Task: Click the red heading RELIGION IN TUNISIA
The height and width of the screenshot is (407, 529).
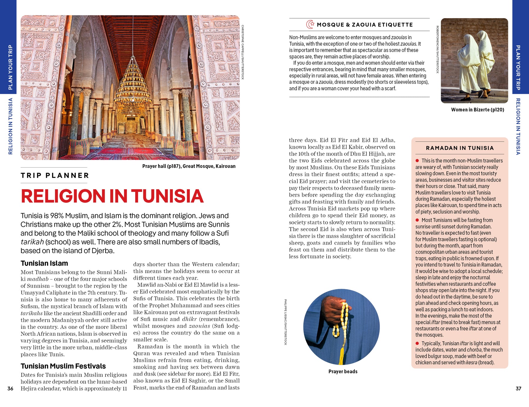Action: click(112, 196)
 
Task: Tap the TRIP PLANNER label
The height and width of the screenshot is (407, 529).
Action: click(55, 175)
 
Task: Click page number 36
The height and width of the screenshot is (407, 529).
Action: click(10, 388)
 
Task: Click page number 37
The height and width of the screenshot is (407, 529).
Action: click(518, 388)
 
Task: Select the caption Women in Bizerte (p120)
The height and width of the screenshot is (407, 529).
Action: click(477, 110)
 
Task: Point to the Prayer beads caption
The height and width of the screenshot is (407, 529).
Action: click(343, 371)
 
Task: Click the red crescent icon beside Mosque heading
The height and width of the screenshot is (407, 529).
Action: click(310, 24)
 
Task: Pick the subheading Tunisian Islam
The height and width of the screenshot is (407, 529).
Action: click(44, 263)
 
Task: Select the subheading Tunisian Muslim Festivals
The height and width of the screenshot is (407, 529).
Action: click(63, 366)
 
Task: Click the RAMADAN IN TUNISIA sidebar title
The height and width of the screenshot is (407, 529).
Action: click(460, 148)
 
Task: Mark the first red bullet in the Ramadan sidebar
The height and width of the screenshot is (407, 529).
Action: click(417, 160)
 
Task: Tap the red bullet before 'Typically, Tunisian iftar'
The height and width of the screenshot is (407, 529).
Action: click(417, 343)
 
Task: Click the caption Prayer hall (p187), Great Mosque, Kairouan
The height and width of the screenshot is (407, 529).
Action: click(189, 166)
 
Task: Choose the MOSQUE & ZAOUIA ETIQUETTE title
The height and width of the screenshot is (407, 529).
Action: click(364, 25)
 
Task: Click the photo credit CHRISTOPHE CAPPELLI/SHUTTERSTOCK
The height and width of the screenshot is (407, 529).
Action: click(242, 52)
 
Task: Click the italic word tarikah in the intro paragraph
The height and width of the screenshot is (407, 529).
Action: click(32, 242)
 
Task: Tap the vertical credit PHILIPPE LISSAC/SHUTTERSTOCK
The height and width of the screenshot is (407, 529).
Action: click(285, 322)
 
